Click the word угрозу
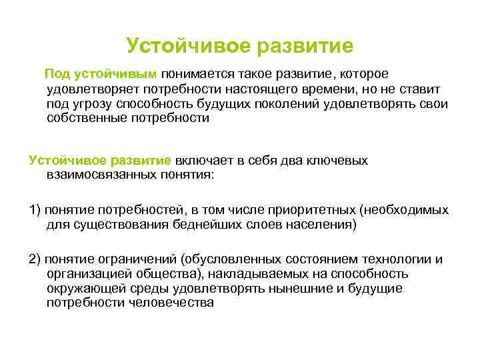[x=93, y=104]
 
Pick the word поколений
[x=293, y=104]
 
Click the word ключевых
[x=337, y=161]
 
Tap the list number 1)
[x=35, y=210]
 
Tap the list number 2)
[x=35, y=259]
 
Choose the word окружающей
[x=85, y=289]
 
